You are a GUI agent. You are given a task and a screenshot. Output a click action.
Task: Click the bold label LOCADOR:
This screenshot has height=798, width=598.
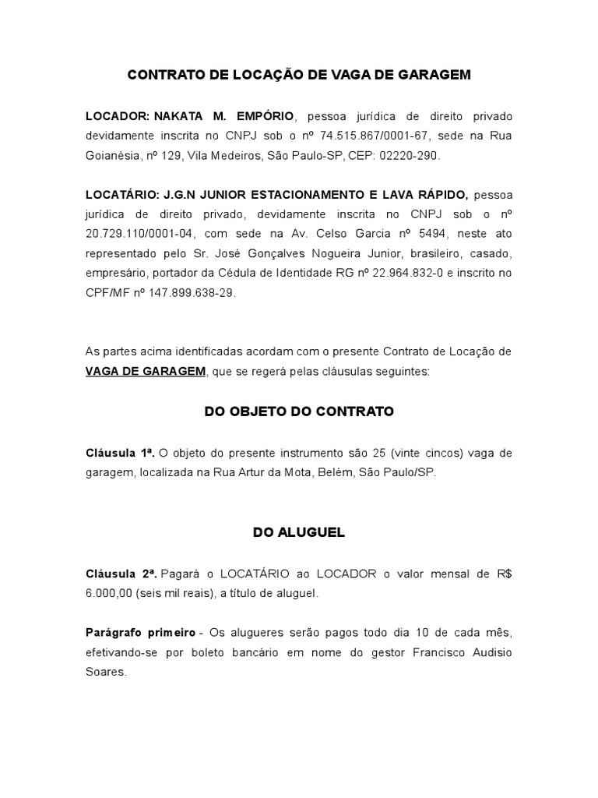pos(118,117)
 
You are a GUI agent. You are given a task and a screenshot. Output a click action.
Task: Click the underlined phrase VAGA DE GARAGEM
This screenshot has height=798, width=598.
pos(146,372)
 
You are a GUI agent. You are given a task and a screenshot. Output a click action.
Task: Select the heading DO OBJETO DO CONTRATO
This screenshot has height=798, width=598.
pos(299,411)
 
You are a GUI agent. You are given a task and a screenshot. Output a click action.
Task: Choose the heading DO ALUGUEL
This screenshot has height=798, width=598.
pos(299,533)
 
